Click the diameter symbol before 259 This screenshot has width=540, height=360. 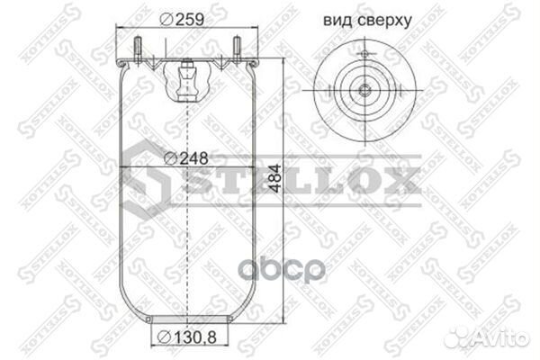[166, 19]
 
